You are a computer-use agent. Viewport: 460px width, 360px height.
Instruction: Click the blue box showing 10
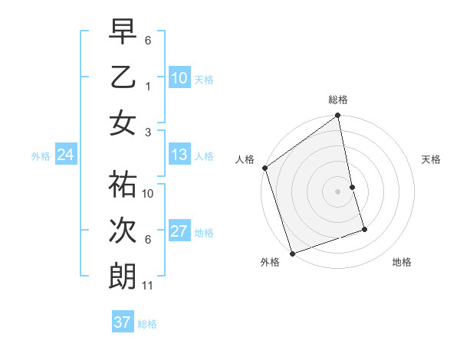[x=179, y=77]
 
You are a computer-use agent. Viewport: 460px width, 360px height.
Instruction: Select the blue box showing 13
[x=179, y=155]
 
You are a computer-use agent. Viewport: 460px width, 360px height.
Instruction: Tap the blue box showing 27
[x=179, y=232]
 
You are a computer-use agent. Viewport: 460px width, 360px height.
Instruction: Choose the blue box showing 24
[x=65, y=155]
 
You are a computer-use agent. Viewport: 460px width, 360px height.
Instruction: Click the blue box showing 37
[x=122, y=322]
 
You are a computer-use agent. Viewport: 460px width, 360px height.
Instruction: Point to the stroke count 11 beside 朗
[x=147, y=286]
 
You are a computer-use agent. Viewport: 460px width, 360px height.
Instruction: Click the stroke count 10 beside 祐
[x=148, y=194]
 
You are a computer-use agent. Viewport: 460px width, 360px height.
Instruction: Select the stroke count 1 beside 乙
[x=147, y=87]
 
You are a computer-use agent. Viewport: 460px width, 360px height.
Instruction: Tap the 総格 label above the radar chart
[x=338, y=100]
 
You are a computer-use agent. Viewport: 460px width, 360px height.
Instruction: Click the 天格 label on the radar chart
[x=432, y=159]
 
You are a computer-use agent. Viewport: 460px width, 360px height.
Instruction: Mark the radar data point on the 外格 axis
[x=292, y=254]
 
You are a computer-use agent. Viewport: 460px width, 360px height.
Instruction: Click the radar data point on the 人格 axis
[x=264, y=168]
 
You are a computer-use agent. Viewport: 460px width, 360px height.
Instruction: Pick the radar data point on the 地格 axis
[x=364, y=229]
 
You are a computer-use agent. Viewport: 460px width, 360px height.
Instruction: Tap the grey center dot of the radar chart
[x=338, y=191]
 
